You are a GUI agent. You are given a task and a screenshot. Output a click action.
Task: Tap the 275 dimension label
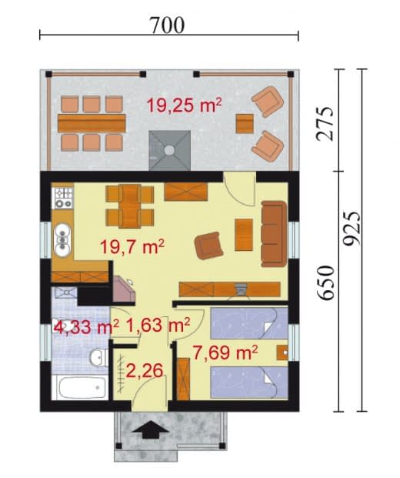325,123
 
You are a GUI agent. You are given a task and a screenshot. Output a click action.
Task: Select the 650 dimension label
325,282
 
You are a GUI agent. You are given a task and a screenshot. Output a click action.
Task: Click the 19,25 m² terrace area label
185,105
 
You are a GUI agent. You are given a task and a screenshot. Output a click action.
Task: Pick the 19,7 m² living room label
132,246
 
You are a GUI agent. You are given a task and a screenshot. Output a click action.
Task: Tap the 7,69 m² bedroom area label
225,353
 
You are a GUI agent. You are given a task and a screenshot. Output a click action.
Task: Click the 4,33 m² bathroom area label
86,327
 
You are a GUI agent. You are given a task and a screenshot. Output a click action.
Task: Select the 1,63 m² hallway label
158,325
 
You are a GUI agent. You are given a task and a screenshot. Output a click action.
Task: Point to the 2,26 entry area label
145,371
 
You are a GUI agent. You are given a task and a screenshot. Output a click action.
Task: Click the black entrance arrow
151,430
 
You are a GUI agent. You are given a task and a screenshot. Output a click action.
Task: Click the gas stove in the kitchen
63,198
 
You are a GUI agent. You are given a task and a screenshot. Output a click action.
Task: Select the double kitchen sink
62,239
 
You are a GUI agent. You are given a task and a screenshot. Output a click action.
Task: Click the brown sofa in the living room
274,234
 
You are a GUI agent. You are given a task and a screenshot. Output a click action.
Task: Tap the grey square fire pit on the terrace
170,150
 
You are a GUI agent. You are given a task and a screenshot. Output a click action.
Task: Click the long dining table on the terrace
92,123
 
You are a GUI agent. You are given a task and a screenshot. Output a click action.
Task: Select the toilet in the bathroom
98,356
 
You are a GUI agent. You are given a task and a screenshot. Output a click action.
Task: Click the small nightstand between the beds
282,353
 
